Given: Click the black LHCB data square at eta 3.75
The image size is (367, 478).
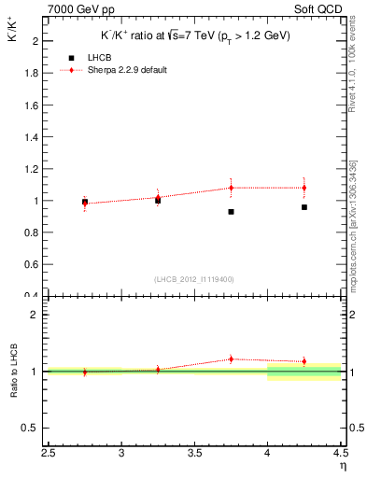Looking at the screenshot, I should (x=231, y=212).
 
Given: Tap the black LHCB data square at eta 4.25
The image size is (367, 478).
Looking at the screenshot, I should (x=304, y=207).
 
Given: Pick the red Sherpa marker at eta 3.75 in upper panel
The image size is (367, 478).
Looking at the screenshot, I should (x=231, y=188).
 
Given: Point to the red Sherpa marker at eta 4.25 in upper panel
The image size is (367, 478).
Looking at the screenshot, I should (x=304, y=188).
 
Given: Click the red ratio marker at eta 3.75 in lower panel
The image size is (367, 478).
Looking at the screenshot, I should (x=231, y=358).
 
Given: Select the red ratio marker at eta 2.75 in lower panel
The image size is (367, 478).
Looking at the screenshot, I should (x=85, y=372).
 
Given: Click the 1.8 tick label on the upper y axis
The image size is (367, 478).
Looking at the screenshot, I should (x=30, y=73).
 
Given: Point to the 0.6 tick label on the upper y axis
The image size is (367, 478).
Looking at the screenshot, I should (x=30, y=265).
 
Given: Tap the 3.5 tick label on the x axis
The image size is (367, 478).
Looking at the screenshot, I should (x=194, y=455).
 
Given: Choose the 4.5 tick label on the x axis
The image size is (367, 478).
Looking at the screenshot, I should (x=340, y=455).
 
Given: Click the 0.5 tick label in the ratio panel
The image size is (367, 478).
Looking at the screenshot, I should (x=30, y=429).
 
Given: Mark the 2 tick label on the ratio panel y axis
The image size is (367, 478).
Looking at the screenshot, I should (x=35, y=315).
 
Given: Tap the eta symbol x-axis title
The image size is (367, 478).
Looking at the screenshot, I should (x=343, y=466).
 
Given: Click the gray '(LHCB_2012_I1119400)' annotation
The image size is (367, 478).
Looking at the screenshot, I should (x=194, y=279).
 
